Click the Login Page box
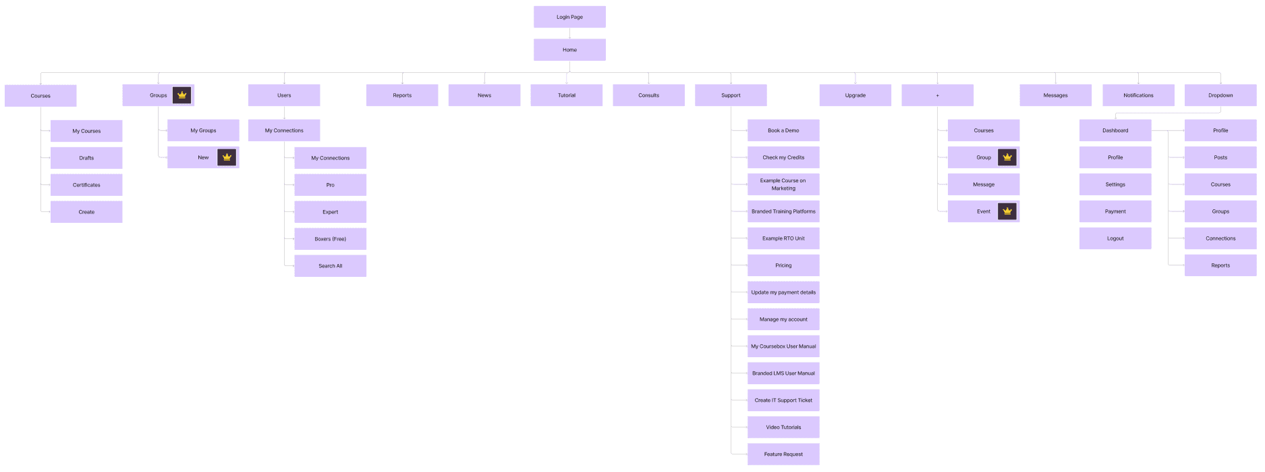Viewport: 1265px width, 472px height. coord(569,17)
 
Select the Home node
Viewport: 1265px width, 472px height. coord(569,50)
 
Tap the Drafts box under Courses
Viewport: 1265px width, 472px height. coord(86,158)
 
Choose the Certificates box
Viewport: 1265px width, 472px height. coord(86,185)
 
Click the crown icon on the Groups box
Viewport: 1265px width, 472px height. coord(181,95)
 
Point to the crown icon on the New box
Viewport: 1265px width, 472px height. coord(227,157)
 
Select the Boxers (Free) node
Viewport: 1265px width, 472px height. coord(330,239)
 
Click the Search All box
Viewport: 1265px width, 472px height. coord(330,266)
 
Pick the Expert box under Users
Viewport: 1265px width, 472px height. coord(330,212)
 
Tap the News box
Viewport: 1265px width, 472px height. coord(484,95)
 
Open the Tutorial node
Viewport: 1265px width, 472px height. coord(567,95)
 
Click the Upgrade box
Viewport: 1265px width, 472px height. coord(855,95)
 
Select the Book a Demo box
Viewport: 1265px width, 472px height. coord(783,130)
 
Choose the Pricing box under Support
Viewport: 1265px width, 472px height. coord(783,265)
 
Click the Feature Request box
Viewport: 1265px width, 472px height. coord(783,454)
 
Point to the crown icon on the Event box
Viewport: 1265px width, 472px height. coord(1007,211)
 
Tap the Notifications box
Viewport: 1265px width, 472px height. coord(1138,95)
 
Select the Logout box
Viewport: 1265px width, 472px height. coord(1115,238)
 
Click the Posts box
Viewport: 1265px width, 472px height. coord(1220,157)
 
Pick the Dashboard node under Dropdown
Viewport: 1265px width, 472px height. coord(1115,130)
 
